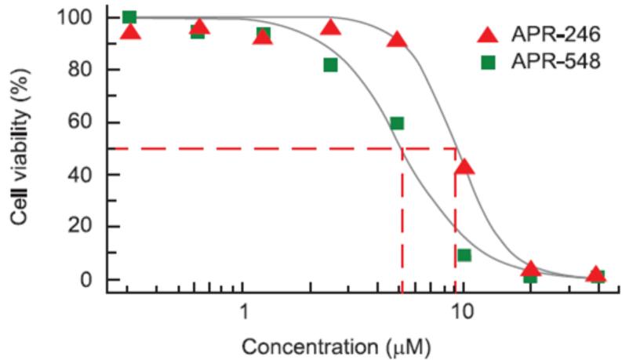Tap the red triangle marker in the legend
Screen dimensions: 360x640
[x=488, y=35]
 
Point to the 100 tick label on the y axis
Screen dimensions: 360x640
[x=81, y=17]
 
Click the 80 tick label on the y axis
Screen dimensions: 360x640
[x=85, y=70]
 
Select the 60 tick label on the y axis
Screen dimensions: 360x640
[x=85, y=122]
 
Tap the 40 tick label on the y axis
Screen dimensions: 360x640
[x=85, y=175]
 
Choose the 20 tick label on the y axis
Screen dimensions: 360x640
[x=85, y=227]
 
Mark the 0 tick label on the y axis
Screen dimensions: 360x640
[x=90, y=280]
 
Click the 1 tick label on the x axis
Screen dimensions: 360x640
[x=244, y=311]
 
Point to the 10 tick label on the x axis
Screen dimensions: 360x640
[x=462, y=311]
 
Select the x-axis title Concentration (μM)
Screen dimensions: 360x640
[x=336, y=345]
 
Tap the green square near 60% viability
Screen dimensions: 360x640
[x=397, y=123]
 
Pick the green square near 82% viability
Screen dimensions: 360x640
[x=330, y=65]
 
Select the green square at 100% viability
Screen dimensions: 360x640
[x=130, y=17]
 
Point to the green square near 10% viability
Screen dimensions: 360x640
[x=464, y=255]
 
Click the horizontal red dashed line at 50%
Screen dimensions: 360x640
[x=259, y=147]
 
